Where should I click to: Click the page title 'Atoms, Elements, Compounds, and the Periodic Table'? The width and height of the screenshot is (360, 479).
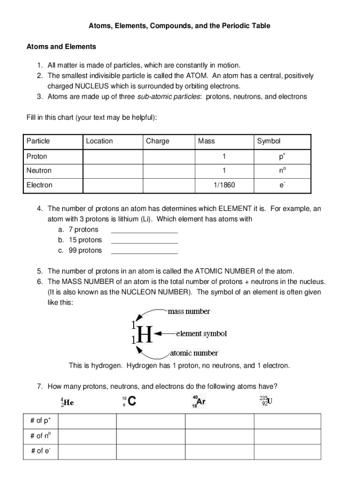pyautogui.click(x=180, y=26)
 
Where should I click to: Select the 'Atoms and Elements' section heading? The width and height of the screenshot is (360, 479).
pyautogui.click(x=61, y=47)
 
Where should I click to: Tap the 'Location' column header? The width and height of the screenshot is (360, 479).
pyautogui.click(x=99, y=141)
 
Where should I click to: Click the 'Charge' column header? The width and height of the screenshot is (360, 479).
pyautogui.click(x=158, y=141)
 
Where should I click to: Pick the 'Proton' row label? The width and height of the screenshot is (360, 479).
pyautogui.click(x=37, y=156)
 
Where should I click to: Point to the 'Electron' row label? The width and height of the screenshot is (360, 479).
pyautogui.click(x=39, y=185)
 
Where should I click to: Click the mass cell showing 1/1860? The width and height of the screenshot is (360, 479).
pyautogui.click(x=224, y=185)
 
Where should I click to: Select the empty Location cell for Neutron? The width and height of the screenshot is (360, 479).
pyautogui.click(x=112, y=170)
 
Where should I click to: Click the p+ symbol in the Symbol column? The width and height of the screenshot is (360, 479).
pyautogui.click(x=282, y=156)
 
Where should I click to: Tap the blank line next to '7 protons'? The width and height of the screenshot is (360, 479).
pyautogui.click(x=144, y=230)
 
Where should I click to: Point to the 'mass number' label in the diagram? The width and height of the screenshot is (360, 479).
pyautogui.click(x=189, y=311)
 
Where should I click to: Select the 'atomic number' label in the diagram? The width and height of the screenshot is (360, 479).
pyautogui.click(x=194, y=353)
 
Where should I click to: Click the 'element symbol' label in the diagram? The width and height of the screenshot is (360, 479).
pyautogui.click(x=201, y=334)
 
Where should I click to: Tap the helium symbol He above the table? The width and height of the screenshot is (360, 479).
pyautogui.click(x=68, y=402)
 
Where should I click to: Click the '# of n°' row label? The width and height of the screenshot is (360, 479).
pyautogui.click(x=40, y=436)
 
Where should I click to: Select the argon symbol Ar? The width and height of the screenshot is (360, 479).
pyautogui.click(x=201, y=401)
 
